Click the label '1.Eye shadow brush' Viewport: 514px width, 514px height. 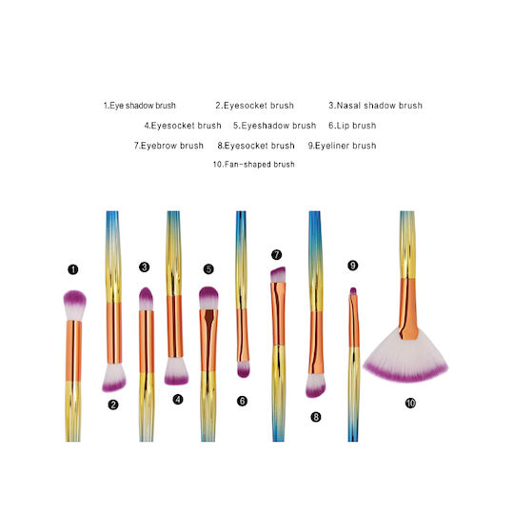click(140, 106)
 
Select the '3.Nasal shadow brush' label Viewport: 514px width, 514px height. click(375, 106)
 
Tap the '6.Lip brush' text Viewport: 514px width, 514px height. click(352, 126)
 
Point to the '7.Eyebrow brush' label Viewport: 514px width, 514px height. click(168, 146)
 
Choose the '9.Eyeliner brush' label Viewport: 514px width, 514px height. click(342, 146)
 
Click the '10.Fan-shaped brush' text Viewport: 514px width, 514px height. click(254, 165)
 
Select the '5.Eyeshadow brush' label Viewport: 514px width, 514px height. click(274, 126)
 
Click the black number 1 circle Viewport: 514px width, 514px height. click(72, 269)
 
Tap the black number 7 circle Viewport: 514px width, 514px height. click(276, 255)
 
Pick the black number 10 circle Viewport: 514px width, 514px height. click(410, 403)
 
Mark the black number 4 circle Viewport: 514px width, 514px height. click(178, 399)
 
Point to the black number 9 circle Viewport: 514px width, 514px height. click(352, 266)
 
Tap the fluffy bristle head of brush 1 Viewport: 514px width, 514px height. click(74, 305)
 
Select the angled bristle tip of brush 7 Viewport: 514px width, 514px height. click(278, 275)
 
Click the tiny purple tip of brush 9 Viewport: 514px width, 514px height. click(353, 291)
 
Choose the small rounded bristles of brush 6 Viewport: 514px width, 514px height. click(243, 369)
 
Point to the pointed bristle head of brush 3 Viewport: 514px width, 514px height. click(146, 299)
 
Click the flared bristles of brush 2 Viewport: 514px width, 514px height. click(114, 378)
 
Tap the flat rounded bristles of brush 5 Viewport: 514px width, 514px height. click(208, 298)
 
